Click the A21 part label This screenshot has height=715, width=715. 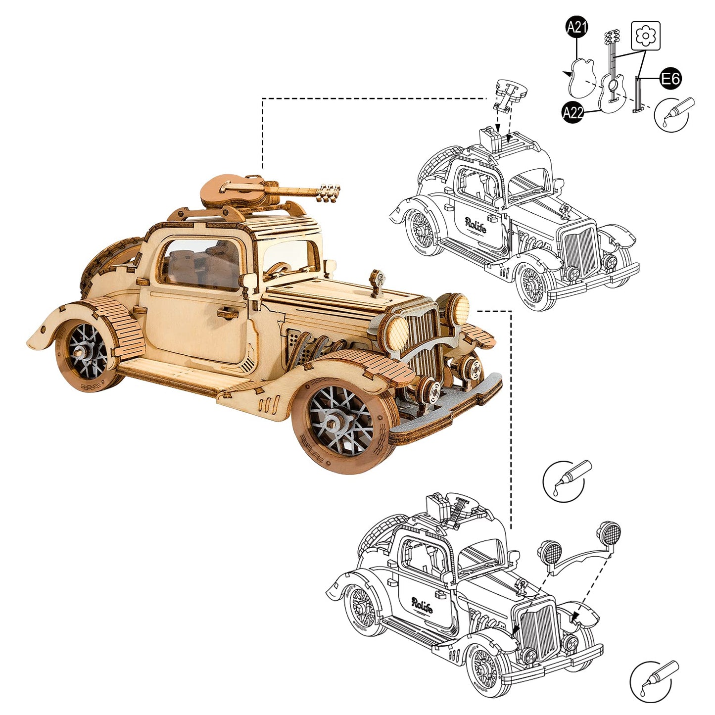tap(576, 27)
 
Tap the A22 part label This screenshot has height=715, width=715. tap(573, 112)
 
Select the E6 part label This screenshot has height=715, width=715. tap(670, 79)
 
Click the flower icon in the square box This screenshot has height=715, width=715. tap(646, 36)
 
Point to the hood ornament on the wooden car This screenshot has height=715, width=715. tap(378, 282)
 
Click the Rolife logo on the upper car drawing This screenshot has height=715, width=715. tap(476, 225)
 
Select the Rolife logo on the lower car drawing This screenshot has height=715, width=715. tap(422, 605)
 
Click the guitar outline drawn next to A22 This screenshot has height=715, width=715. tap(612, 79)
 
